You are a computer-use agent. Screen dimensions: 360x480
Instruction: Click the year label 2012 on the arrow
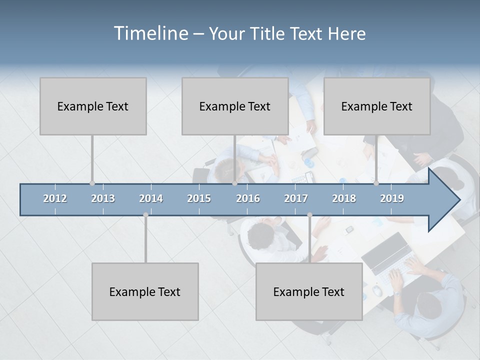[55, 198]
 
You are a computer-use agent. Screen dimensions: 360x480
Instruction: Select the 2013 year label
[103, 198]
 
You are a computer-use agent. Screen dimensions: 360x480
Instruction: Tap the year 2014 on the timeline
[151, 198]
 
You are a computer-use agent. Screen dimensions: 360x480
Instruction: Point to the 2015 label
[199, 198]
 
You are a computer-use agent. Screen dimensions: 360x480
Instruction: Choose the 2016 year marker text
[248, 198]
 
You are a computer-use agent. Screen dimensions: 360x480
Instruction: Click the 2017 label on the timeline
[296, 198]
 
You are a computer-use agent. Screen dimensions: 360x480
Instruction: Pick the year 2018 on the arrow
[344, 198]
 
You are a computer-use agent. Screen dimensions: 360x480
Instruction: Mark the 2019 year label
[392, 198]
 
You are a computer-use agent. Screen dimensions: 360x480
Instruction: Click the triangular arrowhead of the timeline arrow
[442, 200]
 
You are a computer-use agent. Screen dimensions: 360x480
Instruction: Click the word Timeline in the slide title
[150, 33]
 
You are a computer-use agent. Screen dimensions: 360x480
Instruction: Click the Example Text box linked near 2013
[93, 106]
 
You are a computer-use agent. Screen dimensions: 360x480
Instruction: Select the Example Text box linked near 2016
[235, 106]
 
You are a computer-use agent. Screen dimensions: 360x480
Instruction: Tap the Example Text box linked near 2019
[377, 106]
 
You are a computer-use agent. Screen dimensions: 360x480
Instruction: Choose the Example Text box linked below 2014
[145, 291]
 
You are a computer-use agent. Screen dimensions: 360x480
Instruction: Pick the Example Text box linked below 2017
[309, 291]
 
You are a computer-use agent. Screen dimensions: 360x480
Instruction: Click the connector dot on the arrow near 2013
[92, 183]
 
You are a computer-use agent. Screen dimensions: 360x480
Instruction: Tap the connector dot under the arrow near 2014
[145, 215]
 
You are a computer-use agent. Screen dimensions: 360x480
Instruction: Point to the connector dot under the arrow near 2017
[309, 215]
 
